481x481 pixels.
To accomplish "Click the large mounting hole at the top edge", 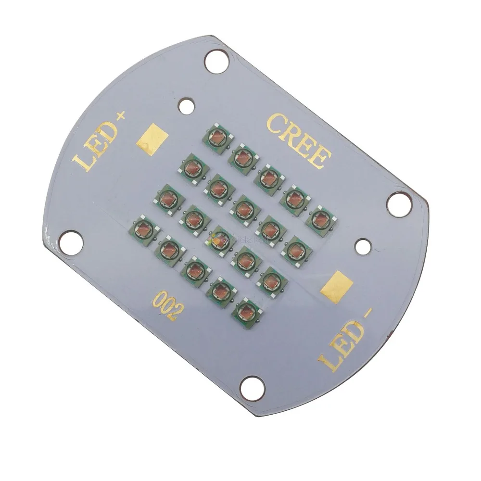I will point(216,62).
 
